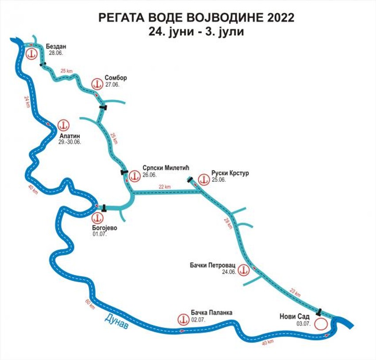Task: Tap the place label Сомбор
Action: [116, 78]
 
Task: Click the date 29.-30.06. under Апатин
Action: [69, 142]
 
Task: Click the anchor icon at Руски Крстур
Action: [204, 179]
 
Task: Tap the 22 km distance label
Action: [165, 187]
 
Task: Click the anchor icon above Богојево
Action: [97, 218]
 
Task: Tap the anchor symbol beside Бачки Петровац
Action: [243, 269]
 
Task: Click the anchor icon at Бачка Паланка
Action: [182, 319]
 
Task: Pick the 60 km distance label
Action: [89, 304]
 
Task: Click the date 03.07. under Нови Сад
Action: [303, 324]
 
